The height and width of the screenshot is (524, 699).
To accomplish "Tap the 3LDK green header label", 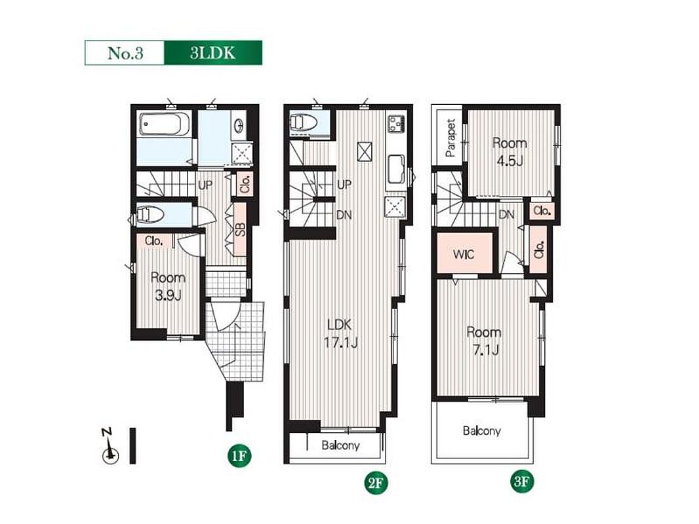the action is tap(213, 53).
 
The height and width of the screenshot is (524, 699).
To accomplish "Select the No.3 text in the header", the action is tap(125, 54).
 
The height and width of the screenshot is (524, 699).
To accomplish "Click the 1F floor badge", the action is tap(239, 456).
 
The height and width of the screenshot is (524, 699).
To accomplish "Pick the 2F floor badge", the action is tap(376, 483).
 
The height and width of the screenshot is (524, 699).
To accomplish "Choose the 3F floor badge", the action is tap(522, 481).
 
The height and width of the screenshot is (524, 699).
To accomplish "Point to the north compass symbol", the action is tap(110, 446).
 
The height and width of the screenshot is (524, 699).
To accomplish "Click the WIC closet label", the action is tap(464, 255).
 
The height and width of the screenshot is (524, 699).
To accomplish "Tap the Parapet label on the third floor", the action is tap(450, 138).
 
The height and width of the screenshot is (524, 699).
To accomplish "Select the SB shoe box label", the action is tap(240, 229).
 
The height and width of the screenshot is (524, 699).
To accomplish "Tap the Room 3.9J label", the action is tap(168, 286).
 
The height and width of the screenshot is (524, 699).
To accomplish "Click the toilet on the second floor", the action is tap(304, 122).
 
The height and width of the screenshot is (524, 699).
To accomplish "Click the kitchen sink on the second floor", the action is tap(396, 169).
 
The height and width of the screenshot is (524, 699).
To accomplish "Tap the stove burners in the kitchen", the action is tap(396, 123).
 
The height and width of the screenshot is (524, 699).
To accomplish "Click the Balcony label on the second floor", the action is tap(340, 445).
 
